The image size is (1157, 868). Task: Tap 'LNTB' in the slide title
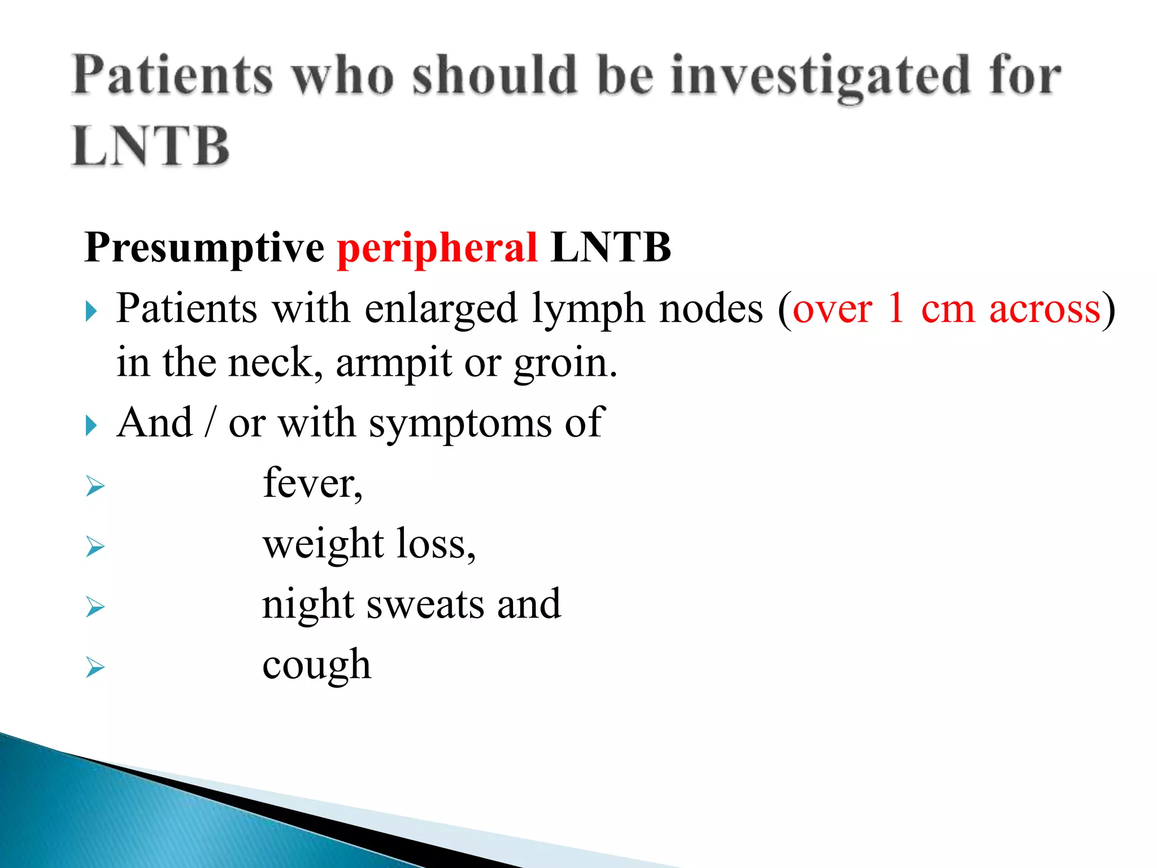[151, 146]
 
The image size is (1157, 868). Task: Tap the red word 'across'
[1045, 310]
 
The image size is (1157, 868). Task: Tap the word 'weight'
[323, 544]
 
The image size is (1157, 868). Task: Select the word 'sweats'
[425, 604]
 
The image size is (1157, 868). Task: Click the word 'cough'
[316, 665]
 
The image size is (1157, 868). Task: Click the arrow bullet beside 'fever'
[95, 486]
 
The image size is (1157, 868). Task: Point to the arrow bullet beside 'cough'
[95, 668]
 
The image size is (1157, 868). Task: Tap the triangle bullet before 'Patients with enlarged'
[92, 311]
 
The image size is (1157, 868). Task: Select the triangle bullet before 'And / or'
[92, 426]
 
